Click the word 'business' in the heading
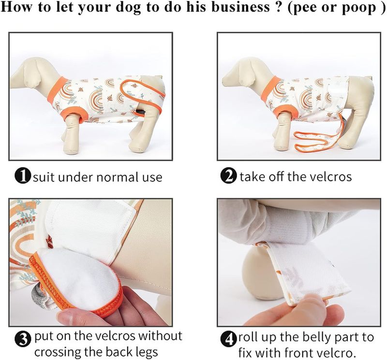[241, 7]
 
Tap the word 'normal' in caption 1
[117, 177]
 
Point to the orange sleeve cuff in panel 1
[74, 115]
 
